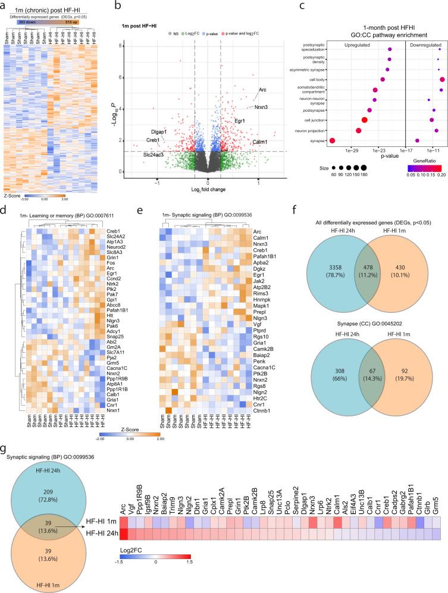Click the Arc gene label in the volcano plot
[x=262, y=90]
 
